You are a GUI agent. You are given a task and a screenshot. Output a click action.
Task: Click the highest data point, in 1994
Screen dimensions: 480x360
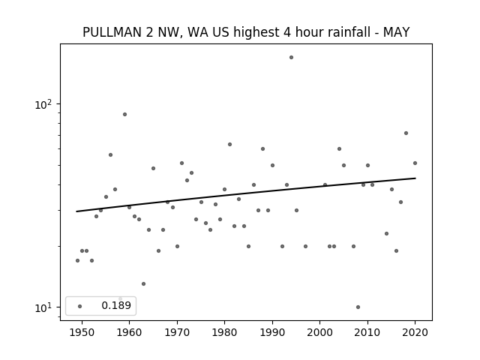click(x=291, y=58)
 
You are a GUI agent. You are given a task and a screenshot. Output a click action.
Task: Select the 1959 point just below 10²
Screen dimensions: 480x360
click(x=125, y=115)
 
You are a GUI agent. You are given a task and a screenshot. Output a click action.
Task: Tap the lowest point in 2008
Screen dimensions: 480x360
click(x=358, y=307)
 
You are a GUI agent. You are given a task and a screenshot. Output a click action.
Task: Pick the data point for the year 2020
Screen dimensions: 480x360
click(x=415, y=163)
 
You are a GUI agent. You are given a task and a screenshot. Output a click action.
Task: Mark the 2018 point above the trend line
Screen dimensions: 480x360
click(x=406, y=133)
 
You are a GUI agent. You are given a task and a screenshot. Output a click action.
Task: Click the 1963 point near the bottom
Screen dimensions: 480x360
click(x=143, y=284)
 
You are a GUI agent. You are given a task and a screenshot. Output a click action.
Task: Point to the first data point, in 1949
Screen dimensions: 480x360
click(x=77, y=260)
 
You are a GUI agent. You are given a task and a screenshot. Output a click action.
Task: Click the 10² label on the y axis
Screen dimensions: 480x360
click(x=43, y=104)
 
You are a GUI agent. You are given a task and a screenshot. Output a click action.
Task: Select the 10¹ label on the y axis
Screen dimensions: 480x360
click(x=43, y=307)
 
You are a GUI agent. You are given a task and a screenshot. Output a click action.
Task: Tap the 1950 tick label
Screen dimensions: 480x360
click(x=82, y=332)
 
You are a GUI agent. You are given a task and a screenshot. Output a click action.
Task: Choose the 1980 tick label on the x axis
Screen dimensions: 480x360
click(x=224, y=332)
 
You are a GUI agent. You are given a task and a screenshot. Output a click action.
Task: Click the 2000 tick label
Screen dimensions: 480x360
click(x=319, y=332)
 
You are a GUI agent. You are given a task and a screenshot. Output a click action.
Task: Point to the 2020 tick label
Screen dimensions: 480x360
click(x=415, y=332)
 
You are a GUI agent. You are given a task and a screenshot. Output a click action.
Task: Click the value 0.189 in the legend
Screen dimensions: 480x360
click(x=116, y=305)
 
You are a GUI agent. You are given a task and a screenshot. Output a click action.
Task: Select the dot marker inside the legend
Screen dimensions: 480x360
click(x=80, y=306)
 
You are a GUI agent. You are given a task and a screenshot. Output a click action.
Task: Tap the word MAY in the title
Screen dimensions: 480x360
click(x=397, y=32)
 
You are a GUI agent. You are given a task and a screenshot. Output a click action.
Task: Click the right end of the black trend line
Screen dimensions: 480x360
click(x=415, y=178)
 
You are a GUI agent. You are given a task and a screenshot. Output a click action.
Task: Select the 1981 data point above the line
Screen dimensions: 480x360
click(x=230, y=145)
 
